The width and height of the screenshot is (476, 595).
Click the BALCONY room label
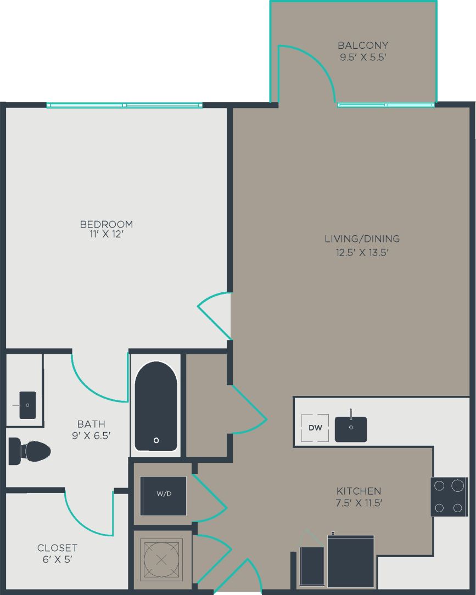[363, 46]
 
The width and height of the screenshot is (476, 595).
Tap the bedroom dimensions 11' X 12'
[107, 235]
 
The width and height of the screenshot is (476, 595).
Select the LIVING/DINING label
[362, 239]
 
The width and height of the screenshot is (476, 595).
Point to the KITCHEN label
[359, 491]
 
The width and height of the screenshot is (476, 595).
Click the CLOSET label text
[57, 548]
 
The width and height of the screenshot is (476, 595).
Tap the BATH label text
[91, 424]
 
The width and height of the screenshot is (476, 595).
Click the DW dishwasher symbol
[315, 428]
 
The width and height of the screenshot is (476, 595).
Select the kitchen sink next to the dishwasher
[351, 428]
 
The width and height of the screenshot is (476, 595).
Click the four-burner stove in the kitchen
[448, 497]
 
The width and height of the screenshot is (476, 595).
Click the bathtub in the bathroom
[156, 406]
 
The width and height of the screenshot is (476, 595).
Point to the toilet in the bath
[30, 451]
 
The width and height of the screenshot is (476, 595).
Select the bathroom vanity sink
[27, 405]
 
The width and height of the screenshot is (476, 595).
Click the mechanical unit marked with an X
[161, 560]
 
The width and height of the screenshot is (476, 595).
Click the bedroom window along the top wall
[125, 105]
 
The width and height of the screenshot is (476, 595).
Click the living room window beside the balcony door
[386, 105]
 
